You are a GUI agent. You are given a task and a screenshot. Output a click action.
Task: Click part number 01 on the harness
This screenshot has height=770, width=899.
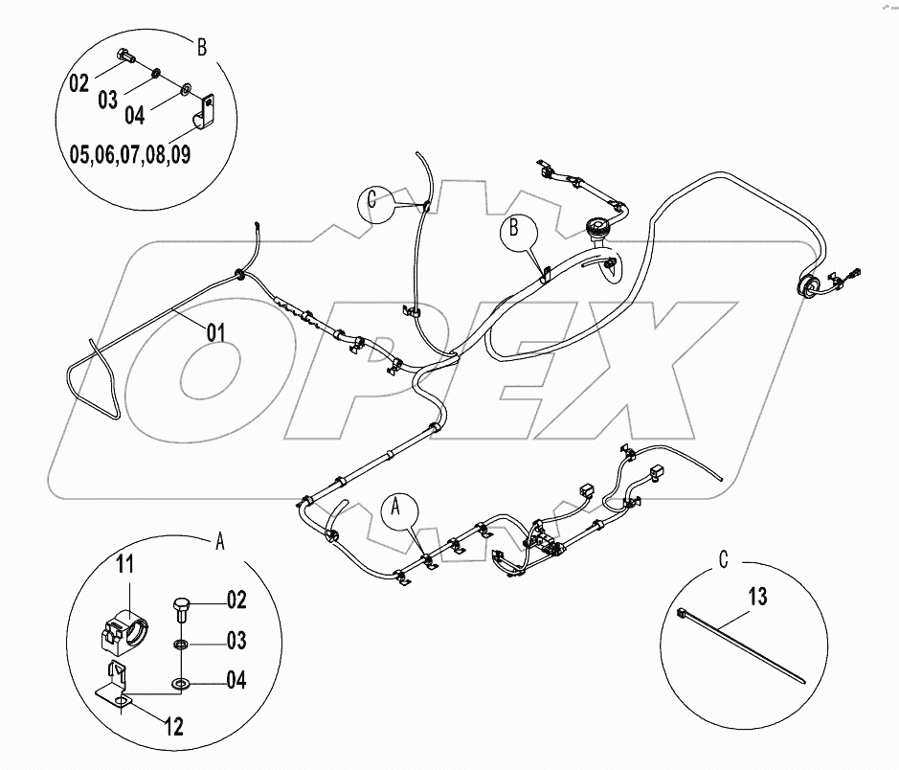216,333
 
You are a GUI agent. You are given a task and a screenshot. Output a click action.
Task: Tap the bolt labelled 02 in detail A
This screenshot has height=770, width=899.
182,608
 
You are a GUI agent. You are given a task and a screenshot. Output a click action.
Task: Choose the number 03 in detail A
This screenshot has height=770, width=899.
235,640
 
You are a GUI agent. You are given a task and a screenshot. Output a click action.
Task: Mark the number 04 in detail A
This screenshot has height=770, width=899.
235,681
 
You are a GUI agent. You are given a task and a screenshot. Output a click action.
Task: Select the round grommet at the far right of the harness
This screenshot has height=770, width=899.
805,283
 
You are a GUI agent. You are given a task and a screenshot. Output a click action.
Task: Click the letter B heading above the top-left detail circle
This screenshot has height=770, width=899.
202,45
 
